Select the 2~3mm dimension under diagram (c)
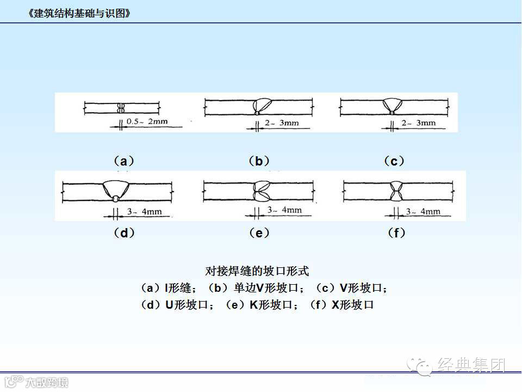(x=419, y=123)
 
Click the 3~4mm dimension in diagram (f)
(x=423, y=211)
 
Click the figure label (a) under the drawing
(x=124, y=161)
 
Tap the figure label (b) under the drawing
(x=259, y=161)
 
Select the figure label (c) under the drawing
(x=394, y=161)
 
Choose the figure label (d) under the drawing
(x=124, y=233)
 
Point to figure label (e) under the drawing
(x=259, y=233)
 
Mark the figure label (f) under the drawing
(x=397, y=233)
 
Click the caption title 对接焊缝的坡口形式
(x=257, y=271)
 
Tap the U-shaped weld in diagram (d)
(x=115, y=191)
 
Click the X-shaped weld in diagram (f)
(x=395, y=191)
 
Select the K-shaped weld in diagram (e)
(x=259, y=191)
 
